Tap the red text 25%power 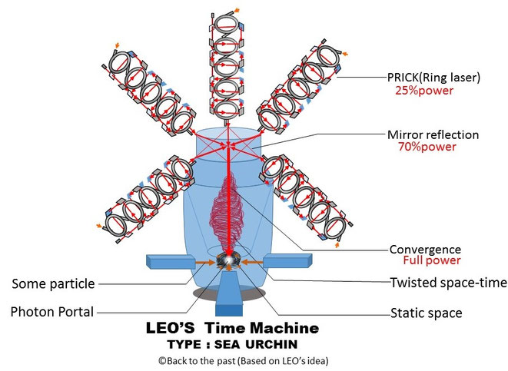click(x=423, y=91)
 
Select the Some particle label click(x=53, y=284)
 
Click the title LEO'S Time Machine click(x=232, y=328)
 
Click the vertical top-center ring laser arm click(x=228, y=61)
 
